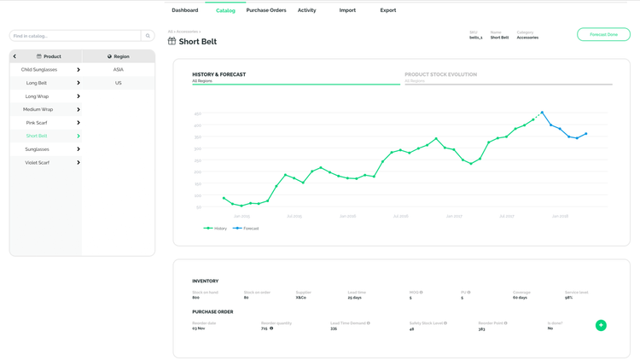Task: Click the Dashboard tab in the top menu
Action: [184, 10]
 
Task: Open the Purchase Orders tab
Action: [266, 10]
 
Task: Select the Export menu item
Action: [388, 10]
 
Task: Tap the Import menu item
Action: [347, 10]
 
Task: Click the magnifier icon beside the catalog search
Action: [148, 36]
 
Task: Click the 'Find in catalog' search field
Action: [75, 36]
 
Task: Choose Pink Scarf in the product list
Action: [37, 123]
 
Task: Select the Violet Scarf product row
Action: [37, 162]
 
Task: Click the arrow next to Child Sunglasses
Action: [79, 70]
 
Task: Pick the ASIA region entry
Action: [119, 70]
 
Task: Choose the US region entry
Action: [119, 83]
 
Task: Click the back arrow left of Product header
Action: [15, 56]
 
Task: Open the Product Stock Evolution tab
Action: [440, 75]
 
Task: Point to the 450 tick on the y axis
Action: [198, 113]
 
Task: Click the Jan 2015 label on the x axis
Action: [241, 217]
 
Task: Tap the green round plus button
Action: [601, 325]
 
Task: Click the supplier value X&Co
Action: [301, 298]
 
